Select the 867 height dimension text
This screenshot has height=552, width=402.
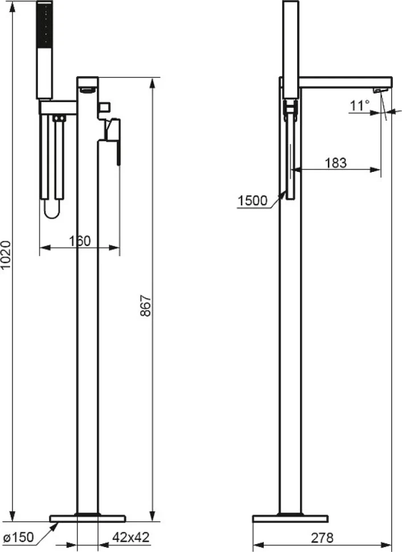pos(146,306)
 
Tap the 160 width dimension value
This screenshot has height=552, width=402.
pos(80,241)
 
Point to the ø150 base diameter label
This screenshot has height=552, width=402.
pos(19,537)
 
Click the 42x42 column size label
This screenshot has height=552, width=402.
pos(131,537)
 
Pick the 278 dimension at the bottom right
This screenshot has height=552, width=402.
pos(322,538)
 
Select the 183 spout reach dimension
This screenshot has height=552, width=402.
pos(335,163)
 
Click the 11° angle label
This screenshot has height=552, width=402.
pos(360,105)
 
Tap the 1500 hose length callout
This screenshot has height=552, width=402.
pos(253,201)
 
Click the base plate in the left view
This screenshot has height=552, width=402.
pos(88,518)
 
